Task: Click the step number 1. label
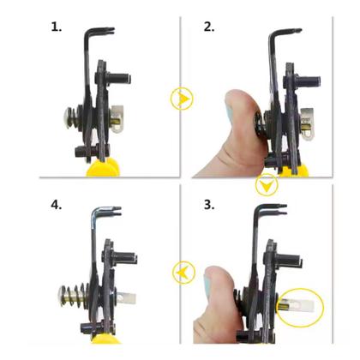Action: (x=56, y=27)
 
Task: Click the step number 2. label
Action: (x=209, y=27)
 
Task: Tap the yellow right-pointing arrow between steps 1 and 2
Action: (x=181, y=99)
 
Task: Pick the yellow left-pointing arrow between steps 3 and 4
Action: (x=181, y=272)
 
